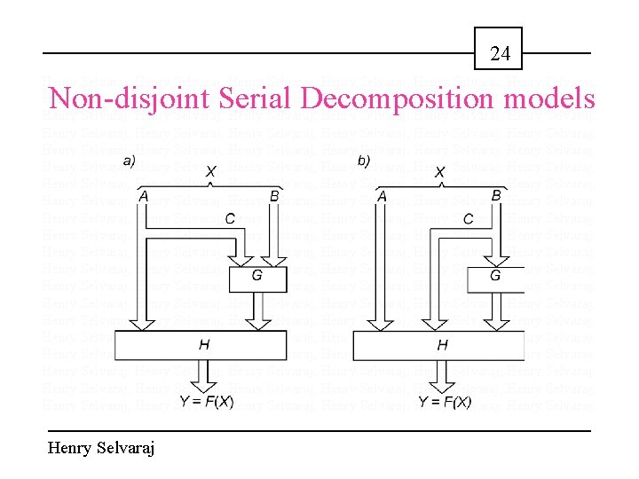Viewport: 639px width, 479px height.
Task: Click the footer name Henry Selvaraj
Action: (101, 449)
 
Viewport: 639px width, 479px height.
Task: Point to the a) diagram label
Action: (130, 161)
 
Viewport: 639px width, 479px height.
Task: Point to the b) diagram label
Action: (364, 161)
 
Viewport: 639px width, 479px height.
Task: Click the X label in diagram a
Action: (210, 171)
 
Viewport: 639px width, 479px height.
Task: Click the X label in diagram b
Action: (439, 172)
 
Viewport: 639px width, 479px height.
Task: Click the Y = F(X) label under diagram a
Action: (207, 402)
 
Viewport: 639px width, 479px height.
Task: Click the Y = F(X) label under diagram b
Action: (445, 402)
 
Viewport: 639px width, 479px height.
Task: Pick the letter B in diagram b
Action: (496, 195)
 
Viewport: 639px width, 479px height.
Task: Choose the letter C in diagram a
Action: (229, 218)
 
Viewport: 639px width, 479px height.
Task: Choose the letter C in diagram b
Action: (468, 218)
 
